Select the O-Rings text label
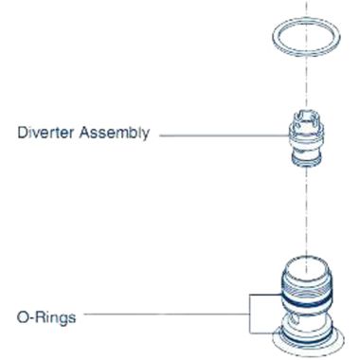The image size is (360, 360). point(48,314)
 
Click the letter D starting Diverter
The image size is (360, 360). point(22,133)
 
